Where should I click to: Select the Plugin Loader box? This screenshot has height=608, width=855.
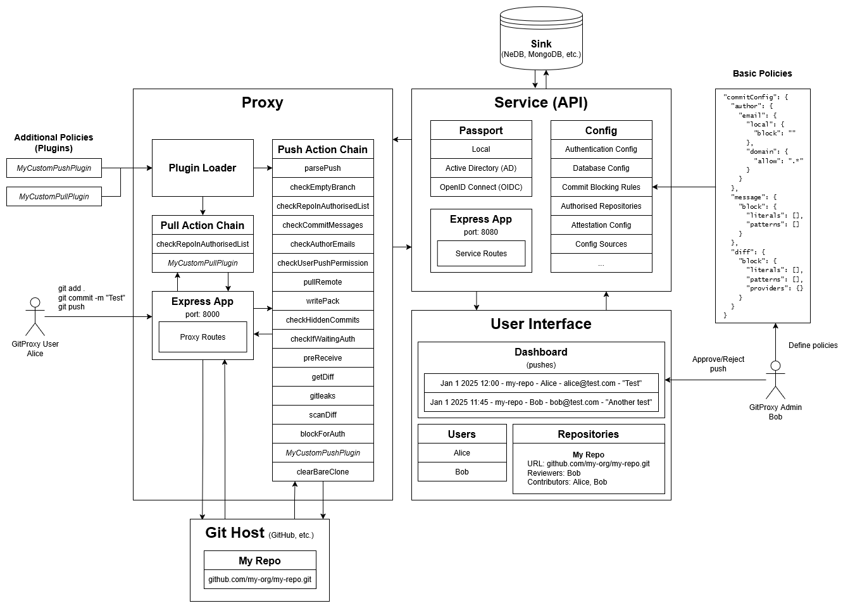click(x=203, y=168)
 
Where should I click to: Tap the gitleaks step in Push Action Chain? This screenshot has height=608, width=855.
click(x=323, y=396)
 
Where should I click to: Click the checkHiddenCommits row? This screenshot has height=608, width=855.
click(x=323, y=320)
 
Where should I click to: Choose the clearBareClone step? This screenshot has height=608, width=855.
click(x=323, y=472)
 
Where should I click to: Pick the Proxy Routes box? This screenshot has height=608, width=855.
click(x=203, y=337)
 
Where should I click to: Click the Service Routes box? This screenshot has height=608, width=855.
click(x=481, y=254)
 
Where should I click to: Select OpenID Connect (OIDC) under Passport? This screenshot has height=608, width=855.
click(x=481, y=187)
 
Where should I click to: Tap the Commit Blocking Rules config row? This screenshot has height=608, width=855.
click(x=601, y=187)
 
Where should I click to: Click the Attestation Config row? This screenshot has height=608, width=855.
click(x=601, y=225)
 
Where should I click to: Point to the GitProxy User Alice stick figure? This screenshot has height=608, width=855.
click(x=35, y=316)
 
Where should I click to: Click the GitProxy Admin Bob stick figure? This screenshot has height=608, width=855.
click(x=775, y=380)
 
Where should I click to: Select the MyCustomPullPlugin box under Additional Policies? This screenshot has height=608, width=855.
click(x=54, y=197)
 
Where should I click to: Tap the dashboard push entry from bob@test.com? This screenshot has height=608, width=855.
click(x=541, y=402)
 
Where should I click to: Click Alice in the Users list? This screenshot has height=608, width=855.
click(x=462, y=453)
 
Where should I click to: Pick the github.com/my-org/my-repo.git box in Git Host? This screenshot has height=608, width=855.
click(x=259, y=580)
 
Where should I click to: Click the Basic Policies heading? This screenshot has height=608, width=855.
click(x=762, y=73)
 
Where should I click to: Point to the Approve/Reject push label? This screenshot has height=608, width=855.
click(x=718, y=364)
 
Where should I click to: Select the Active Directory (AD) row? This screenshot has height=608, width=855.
click(x=481, y=168)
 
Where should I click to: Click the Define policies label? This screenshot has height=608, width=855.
click(x=813, y=345)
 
